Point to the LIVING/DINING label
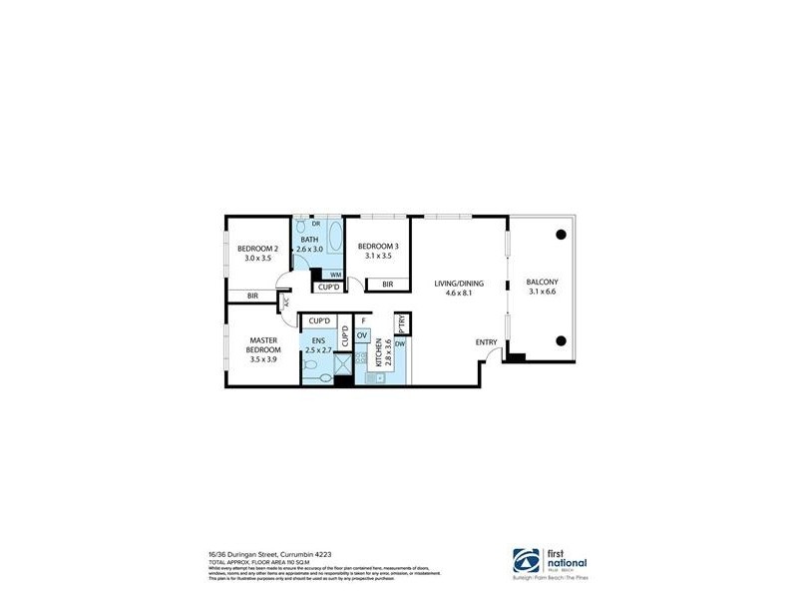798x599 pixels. coord(459,284)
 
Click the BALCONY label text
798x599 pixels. coord(543,284)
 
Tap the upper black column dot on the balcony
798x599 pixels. coord(562,235)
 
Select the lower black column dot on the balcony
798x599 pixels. coord(562,337)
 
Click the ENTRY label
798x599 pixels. coord(486,343)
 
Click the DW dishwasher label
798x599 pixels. coord(399,344)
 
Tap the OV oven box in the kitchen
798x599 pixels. coord(362,335)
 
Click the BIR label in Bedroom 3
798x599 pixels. coord(387,285)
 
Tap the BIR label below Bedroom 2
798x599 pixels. coord(252,296)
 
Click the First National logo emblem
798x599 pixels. coord(528,558)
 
